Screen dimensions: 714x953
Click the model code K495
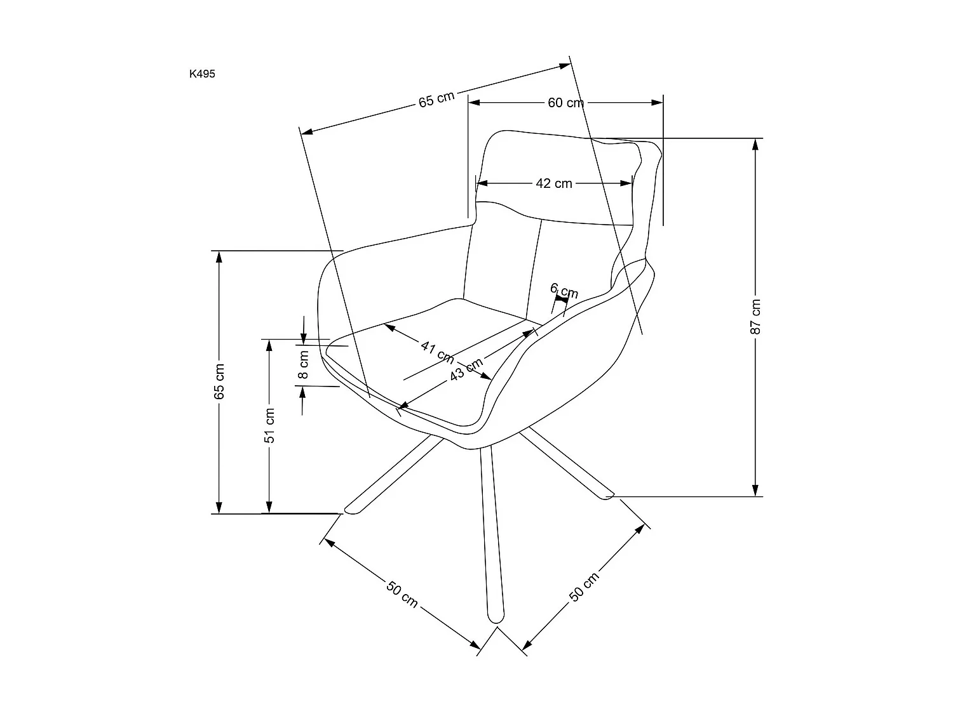click(x=202, y=74)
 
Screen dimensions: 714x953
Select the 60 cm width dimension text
click(x=565, y=103)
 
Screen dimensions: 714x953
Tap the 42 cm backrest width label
click(x=554, y=183)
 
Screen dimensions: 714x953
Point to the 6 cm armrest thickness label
click(x=564, y=291)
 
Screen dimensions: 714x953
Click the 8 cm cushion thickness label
click(x=304, y=364)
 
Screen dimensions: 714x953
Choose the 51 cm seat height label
click(x=269, y=425)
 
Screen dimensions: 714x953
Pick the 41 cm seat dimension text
click(x=436, y=350)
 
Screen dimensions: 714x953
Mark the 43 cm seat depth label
click(x=466, y=370)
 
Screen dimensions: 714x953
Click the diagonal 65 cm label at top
click(x=436, y=99)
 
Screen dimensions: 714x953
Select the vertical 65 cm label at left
click(x=219, y=381)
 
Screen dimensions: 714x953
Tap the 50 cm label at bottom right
click(x=583, y=587)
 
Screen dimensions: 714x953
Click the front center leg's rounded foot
click(x=495, y=614)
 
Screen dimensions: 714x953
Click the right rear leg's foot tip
click(x=608, y=493)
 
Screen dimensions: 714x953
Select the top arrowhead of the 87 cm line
click(x=755, y=144)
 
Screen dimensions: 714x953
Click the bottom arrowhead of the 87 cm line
click(x=755, y=490)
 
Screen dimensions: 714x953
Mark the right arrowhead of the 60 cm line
click(x=658, y=103)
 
